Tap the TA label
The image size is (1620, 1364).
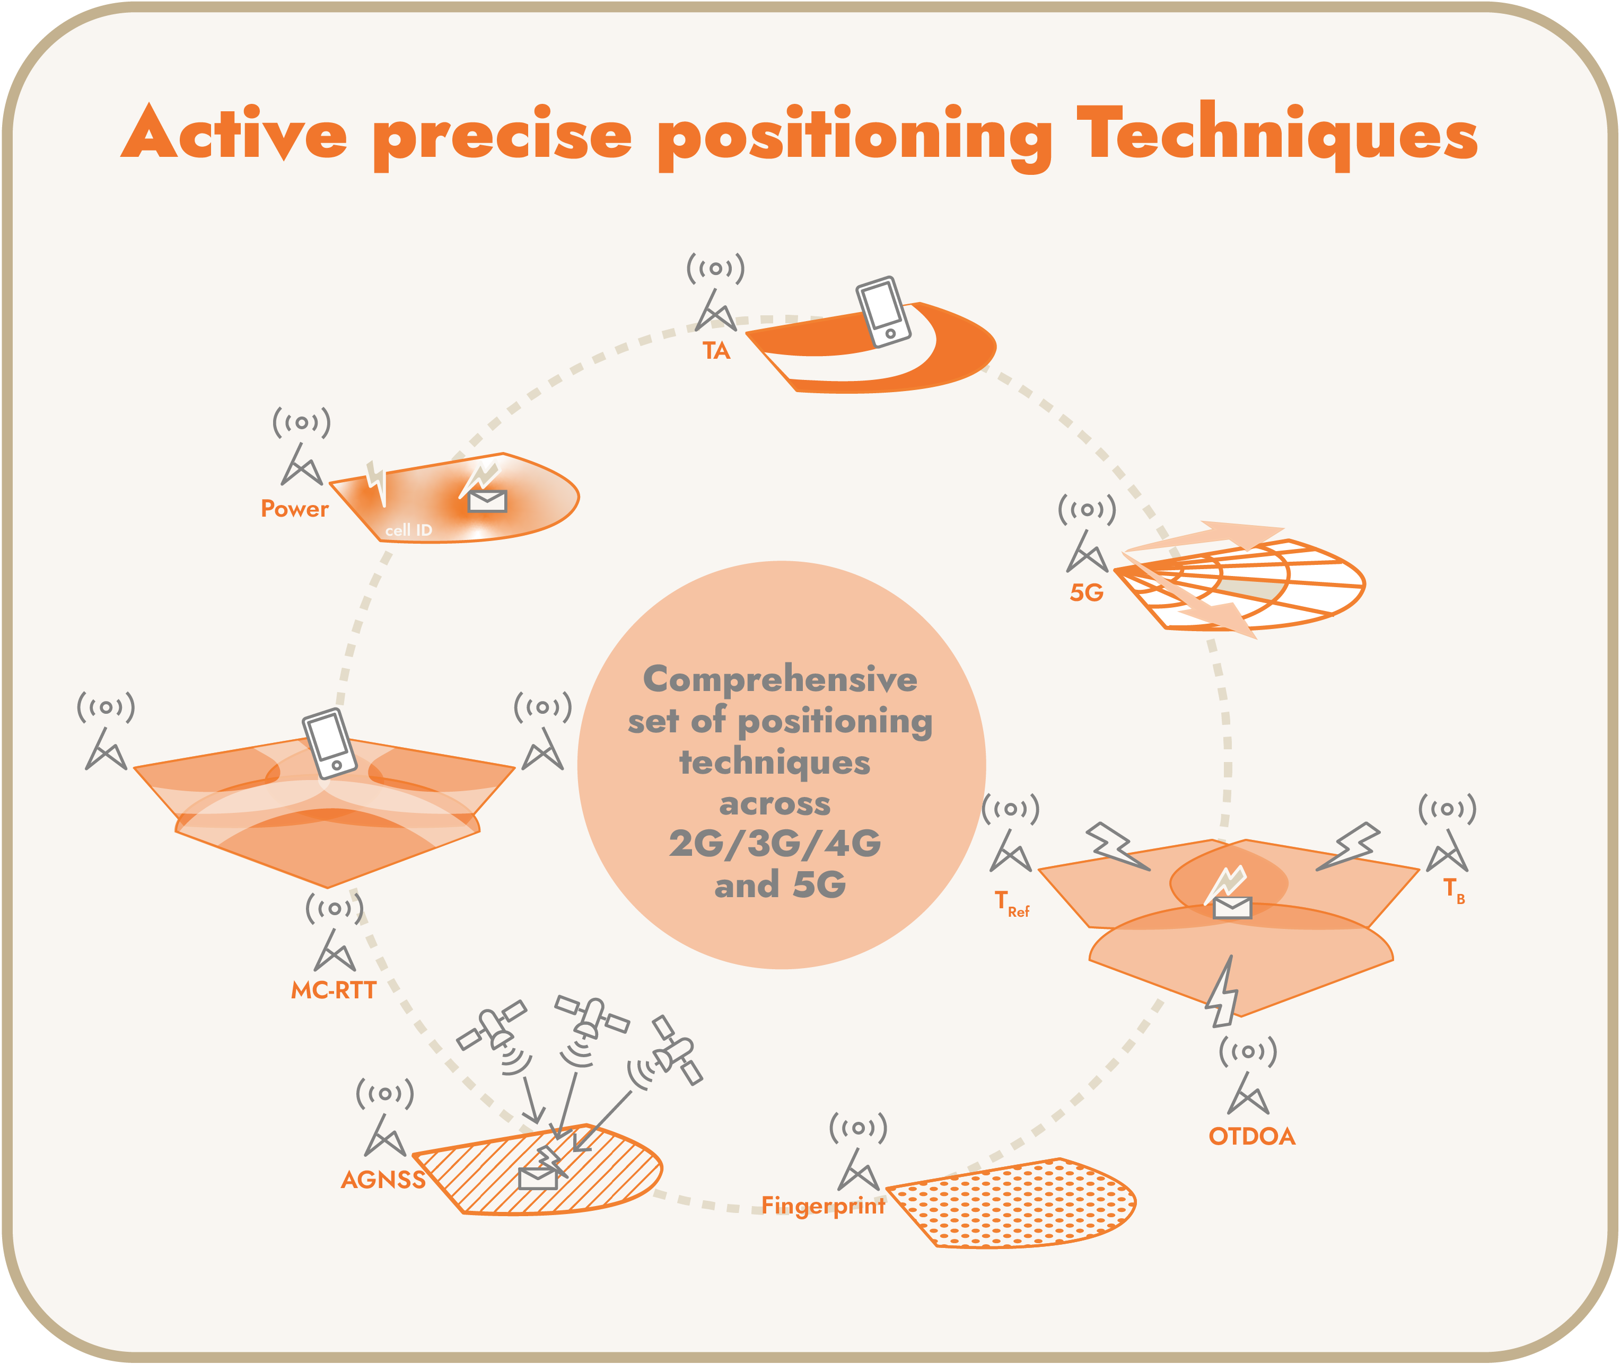pyautogui.click(x=716, y=351)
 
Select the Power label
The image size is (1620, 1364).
pyautogui.click(x=295, y=509)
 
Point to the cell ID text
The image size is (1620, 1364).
pyautogui.click(x=408, y=530)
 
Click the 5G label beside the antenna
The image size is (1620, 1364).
pyautogui.click(x=1086, y=593)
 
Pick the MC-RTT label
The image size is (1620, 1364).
pyautogui.click(x=334, y=990)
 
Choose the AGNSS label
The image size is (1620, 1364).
pyautogui.click(x=383, y=1180)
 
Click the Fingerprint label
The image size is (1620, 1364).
pyautogui.click(x=823, y=1206)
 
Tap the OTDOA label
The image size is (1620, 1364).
pyautogui.click(x=1252, y=1137)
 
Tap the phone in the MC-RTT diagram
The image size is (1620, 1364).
pyautogui.click(x=330, y=743)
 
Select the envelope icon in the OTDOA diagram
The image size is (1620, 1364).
pyautogui.click(x=1232, y=908)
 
